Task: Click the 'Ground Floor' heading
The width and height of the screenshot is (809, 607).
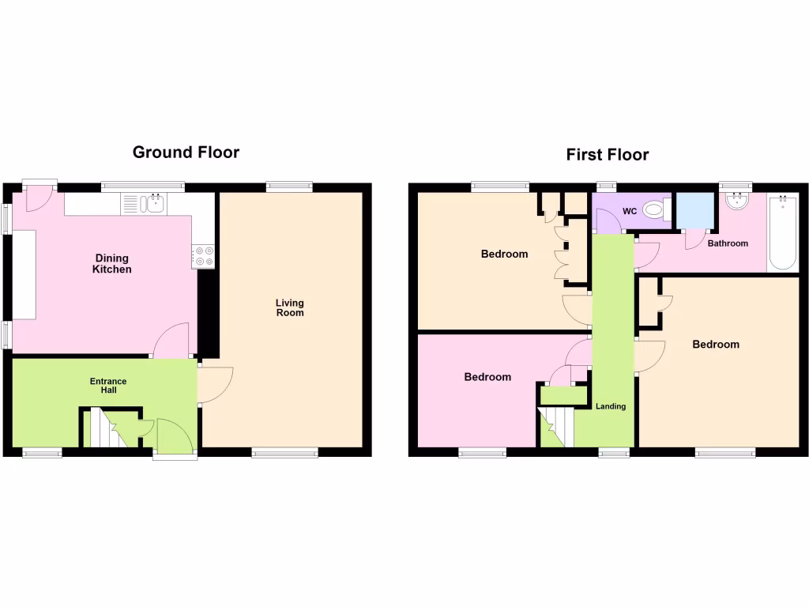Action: tap(186, 152)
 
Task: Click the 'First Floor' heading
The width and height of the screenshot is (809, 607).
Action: tap(607, 154)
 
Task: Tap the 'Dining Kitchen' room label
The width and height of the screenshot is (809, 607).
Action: tap(113, 264)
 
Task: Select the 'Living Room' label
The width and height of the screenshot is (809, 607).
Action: tap(289, 307)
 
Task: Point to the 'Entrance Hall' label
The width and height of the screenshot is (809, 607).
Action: tap(107, 386)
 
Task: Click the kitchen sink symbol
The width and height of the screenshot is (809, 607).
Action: tap(153, 204)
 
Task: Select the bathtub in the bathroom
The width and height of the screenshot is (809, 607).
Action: tap(782, 233)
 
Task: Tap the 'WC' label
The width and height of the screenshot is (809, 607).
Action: tap(630, 211)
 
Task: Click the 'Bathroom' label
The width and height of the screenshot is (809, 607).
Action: tap(727, 243)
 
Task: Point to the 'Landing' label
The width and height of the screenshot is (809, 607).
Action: tap(611, 406)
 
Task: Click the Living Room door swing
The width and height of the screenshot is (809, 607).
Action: tap(215, 385)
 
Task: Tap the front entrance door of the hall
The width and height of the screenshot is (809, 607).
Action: tap(174, 436)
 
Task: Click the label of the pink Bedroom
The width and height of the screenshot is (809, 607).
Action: tap(487, 377)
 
